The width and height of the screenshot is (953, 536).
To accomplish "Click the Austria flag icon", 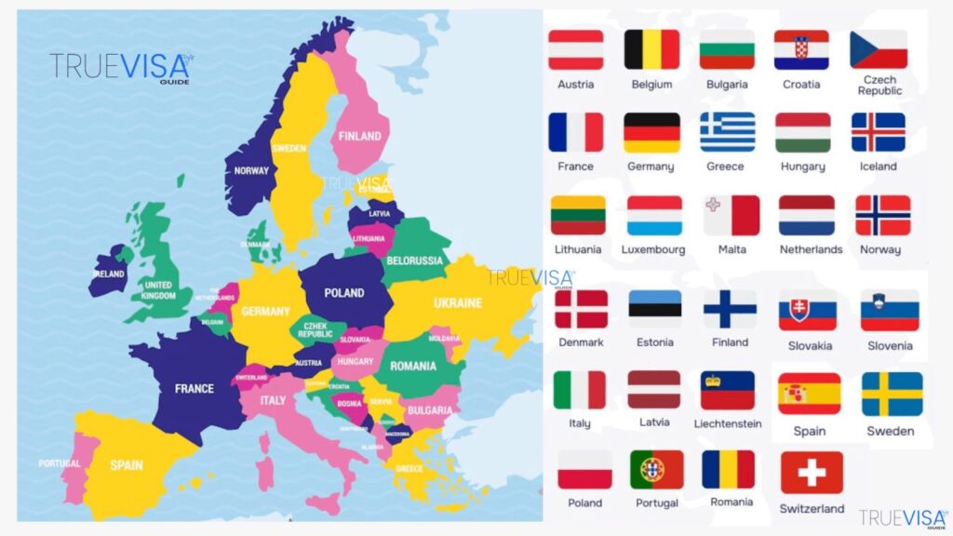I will [x=575, y=50].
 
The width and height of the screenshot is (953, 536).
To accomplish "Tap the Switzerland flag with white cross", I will [x=812, y=473].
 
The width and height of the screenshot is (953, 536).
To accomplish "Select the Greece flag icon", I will [x=727, y=132].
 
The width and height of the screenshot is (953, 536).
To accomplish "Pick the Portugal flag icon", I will [x=656, y=470].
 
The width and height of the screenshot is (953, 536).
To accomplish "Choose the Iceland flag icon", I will [x=878, y=132].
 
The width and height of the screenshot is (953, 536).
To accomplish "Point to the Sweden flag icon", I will [x=892, y=394].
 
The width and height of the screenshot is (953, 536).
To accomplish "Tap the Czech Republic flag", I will [x=879, y=50].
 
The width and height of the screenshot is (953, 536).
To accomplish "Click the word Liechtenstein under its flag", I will [x=727, y=424].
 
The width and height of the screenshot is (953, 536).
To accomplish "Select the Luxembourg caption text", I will [x=653, y=249].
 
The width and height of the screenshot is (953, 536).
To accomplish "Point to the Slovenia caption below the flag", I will [x=890, y=345].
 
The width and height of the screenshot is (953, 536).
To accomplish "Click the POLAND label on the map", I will [x=343, y=293].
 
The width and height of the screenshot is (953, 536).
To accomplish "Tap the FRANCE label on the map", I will [x=195, y=388].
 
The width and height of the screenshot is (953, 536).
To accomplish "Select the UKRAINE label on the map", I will [x=458, y=302].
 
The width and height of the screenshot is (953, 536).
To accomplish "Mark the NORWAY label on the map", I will [x=251, y=171].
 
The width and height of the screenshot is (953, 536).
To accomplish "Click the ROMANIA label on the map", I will [x=412, y=367].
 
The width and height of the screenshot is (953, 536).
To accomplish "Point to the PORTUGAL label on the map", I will [x=60, y=463].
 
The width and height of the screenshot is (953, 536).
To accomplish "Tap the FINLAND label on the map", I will [x=359, y=136].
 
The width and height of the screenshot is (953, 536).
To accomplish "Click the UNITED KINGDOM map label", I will [x=158, y=290].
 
